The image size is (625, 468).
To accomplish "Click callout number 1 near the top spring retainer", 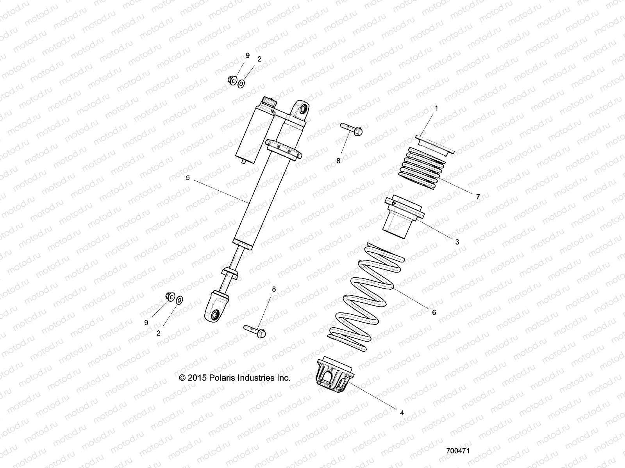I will [x=436, y=108].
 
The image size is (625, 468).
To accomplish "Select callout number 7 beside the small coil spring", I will [x=478, y=197].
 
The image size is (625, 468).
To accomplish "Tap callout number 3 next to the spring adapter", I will [x=457, y=242].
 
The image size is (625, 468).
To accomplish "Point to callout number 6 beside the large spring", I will [x=434, y=312].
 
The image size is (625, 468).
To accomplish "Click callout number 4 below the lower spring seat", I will [x=402, y=412].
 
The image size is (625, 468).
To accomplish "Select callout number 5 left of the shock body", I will [x=187, y=178].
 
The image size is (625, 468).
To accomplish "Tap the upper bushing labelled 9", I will [x=231, y=80].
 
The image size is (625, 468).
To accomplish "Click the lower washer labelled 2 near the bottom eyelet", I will [x=180, y=300].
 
